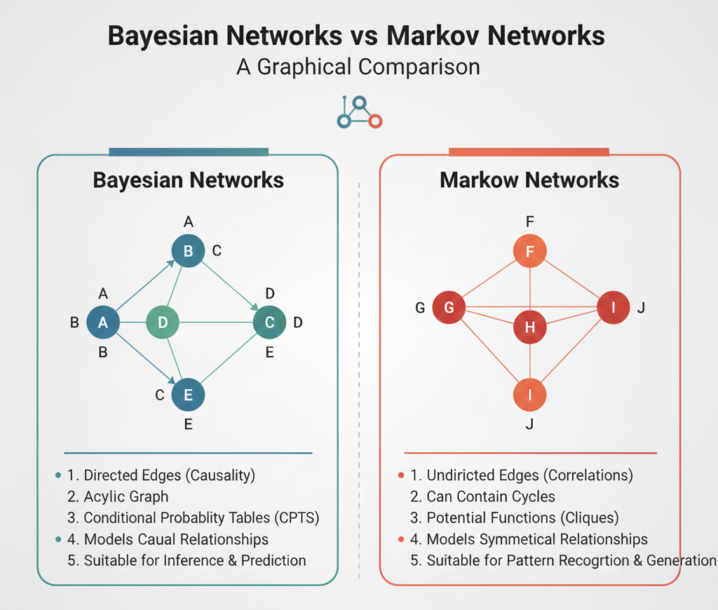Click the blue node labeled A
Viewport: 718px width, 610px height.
click(x=103, y=323)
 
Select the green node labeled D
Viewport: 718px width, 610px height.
click(x=163, y=323)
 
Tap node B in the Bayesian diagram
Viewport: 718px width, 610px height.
click(x=188, y=251)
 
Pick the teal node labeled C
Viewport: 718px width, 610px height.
click(x=269, y=323)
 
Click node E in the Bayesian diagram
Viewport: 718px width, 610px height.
click(x=188, y=395)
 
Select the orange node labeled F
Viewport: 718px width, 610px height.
click(x=529, y=251)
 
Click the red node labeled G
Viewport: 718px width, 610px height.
click(x=449, y=307)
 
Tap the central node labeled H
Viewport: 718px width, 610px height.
click(x=529, y=327)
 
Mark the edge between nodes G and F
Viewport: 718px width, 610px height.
click(x=489, y=279)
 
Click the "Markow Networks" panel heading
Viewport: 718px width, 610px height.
click(x=529, y=180)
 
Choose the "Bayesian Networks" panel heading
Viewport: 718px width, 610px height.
click(x=188, y=180)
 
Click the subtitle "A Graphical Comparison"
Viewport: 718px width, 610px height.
click(x=358, y=67)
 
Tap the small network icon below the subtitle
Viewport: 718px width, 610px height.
click(x=359, y=112)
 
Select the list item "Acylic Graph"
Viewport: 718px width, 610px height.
click(x=126, y=496)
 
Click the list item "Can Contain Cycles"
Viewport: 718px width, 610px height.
click(x=491, y=496)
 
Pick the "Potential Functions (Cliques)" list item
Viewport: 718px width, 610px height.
click(x=522, y=518)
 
